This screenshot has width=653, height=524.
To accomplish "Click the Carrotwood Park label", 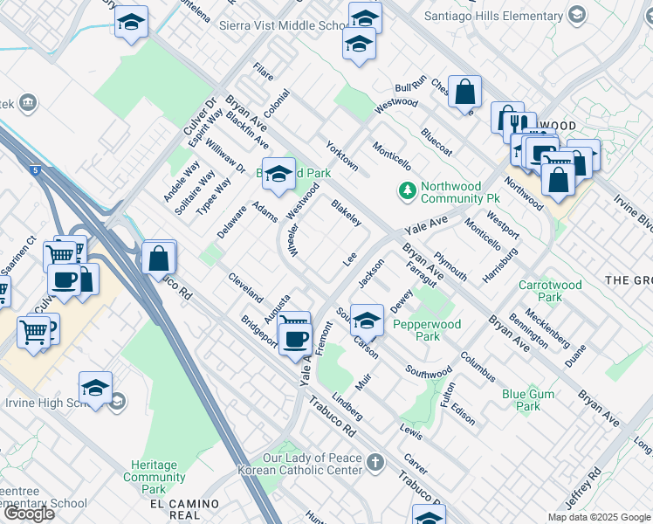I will click(x=551, y=291).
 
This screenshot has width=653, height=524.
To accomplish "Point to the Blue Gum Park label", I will click(x=528, y=400).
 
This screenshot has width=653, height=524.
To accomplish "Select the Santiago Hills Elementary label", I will click(x=493, y=15).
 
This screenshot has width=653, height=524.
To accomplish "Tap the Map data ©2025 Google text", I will click(x=599, y=517).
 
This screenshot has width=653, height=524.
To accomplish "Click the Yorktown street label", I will click(x=341, y=155).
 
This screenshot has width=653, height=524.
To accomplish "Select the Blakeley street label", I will click(x=347, y=213).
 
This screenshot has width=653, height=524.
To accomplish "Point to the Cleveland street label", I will click(x=245, y=287).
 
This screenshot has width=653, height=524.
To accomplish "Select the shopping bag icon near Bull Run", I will click(x=464, y=91).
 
